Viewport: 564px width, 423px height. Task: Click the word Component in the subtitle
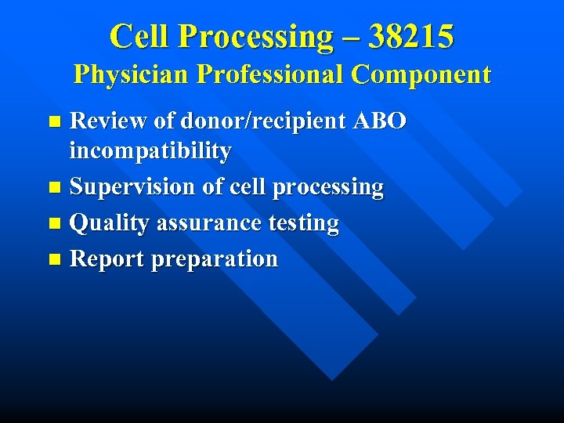coord(421,75)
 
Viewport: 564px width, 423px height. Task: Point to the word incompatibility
coord(150,152)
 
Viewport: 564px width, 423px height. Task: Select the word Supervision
coord(132,188)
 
